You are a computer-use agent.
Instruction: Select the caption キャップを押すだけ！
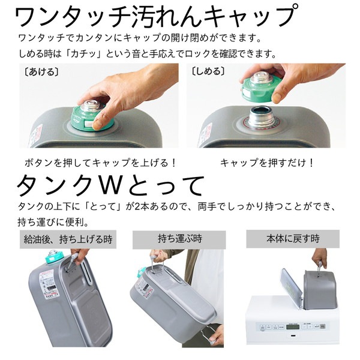pyautogui.click(x=267, y=163)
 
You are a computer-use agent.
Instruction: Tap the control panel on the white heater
pyautogui.click(x=288, y=329)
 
